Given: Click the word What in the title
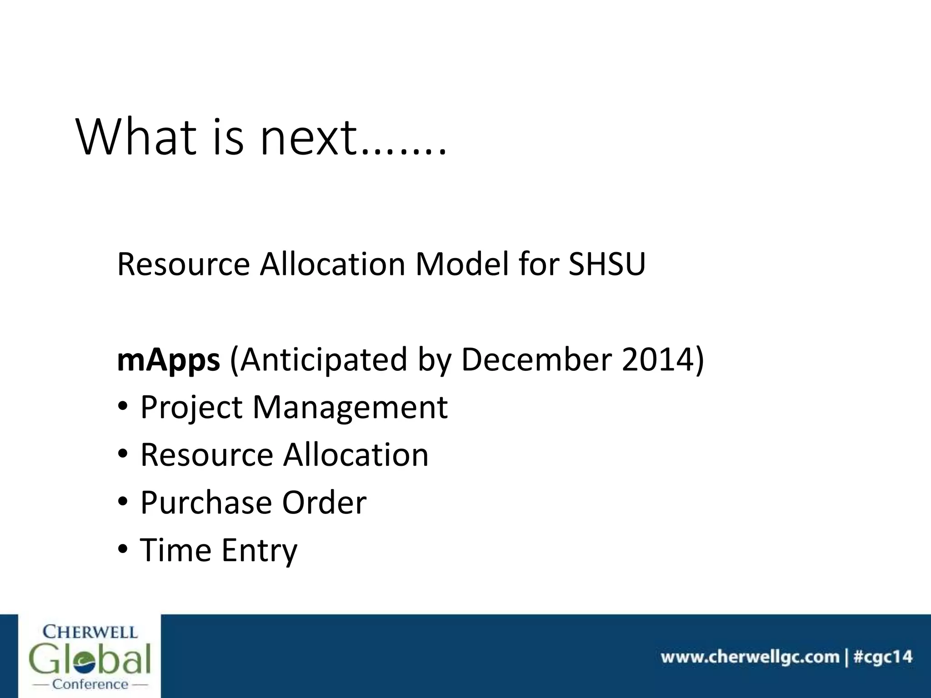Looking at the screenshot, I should tap(137, 137).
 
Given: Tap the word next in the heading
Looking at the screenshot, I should tap(308, 138).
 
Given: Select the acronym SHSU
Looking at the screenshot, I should tap(607, 264).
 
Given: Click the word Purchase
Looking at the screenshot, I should tap(206, 503).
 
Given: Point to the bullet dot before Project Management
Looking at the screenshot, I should tap(123, 407).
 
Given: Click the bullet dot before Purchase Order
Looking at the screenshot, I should tap(123, 502).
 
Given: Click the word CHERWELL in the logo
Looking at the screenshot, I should tap(90, 632).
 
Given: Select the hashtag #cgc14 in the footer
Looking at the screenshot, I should tap(883, 658).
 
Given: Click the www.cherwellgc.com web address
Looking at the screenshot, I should tap(750, 658).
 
